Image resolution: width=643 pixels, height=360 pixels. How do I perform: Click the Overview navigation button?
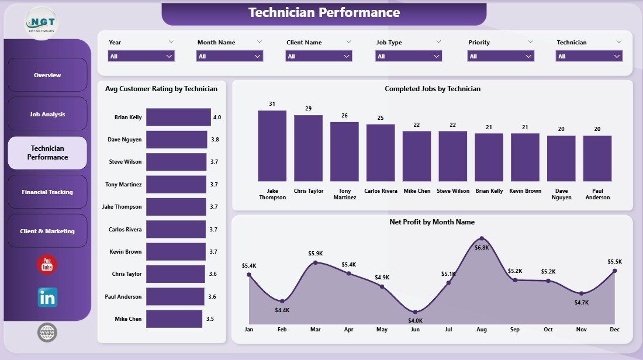click(x=47, y=75)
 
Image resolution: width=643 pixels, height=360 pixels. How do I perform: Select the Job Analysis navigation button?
click(x=47, y=114)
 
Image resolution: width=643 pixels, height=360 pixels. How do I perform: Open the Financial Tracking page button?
click(x=47, y=192)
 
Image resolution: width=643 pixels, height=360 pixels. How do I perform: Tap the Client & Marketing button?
click(x=47, y=231)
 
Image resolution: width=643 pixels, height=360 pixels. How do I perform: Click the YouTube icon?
click(x=47, y=265)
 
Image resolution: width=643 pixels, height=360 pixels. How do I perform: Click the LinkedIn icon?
click(x=47, y=297)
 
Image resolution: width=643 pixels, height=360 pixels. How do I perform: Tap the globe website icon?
click(x=47, y=333)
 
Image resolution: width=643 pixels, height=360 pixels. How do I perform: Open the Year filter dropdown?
click(x=141, y=56)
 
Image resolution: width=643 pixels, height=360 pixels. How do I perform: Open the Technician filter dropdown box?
click(x=589, y=56)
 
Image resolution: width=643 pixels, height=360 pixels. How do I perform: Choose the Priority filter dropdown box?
click(x=501, y=56)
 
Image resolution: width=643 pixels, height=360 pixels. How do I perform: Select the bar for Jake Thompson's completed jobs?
click(x=272, y=146)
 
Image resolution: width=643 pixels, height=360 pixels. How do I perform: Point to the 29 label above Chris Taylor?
click(x=308, y=109)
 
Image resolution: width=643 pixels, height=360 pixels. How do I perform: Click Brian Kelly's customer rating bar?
click(x=178, y=117)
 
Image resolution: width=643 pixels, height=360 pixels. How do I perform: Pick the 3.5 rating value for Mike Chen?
click(x=210, y=319)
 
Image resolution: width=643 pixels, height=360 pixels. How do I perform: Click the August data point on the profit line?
click(x=482, y=238)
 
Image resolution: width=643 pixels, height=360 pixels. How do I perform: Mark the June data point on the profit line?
click(x=415, y=311)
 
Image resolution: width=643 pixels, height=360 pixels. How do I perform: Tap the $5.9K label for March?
click(x=316, y=254)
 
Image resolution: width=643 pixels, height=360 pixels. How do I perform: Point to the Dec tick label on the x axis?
click(x=614, y=330)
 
